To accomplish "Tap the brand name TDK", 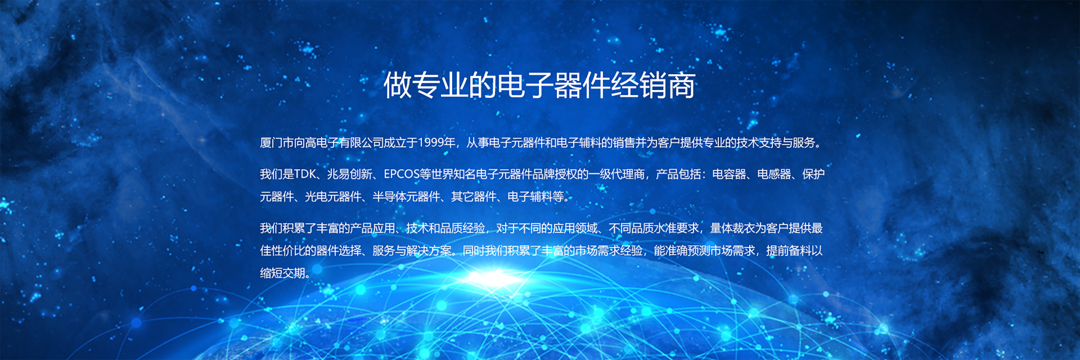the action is pyautogui.click(x=305, y=174).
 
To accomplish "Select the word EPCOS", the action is pyautogui.click(x=402, y=174).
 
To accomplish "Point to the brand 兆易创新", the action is pyautogui.click(x=350, y=174).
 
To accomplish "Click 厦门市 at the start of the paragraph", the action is pyautogui.click(x=277, y=143).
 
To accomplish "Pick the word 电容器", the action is pyautogui.click(x=729, y=174).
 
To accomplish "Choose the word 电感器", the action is pyautogui.click(x=774, y=174).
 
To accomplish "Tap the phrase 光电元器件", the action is pyautogui.click(x=333, y=197).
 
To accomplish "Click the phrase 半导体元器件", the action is pyautogui.click(x=406, y=197).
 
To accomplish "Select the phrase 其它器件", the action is pyautogui.click(x=474, y=197).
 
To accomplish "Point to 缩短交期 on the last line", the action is pyautogui.click(x=282, y=273).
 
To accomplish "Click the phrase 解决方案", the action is pyautogui.click(x=430, y=251).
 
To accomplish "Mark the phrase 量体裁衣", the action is pyautogui.click(x=732, y=228).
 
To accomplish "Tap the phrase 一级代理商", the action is pyautogui.click(x=616, y=174).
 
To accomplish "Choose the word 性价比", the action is pyautogui.click(x=288, y=251).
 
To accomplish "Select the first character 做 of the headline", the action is pyautogui.click(x=398, y=85).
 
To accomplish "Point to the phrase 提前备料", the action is pyautogui.click(x=789, y=251).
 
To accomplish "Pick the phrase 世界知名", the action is pyautogui.click(x=453, y=174).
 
